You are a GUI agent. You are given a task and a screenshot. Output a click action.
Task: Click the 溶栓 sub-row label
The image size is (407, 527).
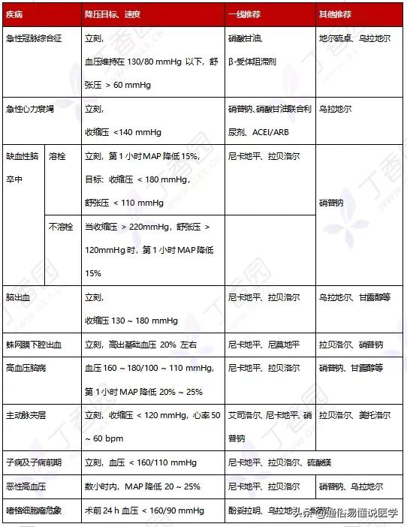[57, 157]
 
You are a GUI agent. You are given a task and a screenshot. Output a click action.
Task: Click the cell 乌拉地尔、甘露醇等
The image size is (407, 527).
[354, 297]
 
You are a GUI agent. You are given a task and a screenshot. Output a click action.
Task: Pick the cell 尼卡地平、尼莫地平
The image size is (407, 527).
[264, 345]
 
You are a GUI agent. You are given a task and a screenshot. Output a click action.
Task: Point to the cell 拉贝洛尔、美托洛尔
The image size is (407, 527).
[354, 415]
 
